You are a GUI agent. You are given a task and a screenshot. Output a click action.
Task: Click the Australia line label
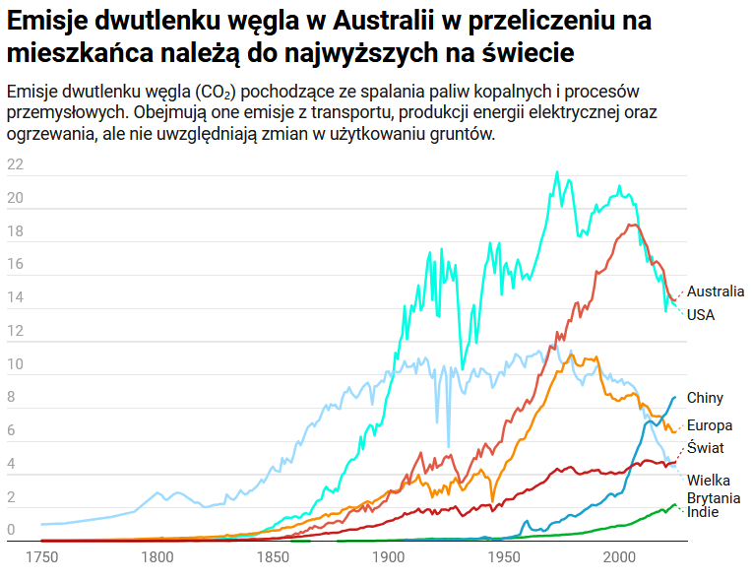tap(715, 291)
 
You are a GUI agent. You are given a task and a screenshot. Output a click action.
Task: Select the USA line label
tap(700, 315)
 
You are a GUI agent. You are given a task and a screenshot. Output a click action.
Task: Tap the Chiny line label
tap(705, 398)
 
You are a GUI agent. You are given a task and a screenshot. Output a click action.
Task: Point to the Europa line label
tap(709, 426)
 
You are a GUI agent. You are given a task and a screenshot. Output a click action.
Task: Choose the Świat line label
tap(705, 447)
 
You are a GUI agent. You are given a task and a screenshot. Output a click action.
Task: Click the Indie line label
tap(702, 512)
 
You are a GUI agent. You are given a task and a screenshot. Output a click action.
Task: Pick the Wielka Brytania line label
tap(714, 489)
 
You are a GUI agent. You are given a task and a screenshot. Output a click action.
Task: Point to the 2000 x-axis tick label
tap(619, 557)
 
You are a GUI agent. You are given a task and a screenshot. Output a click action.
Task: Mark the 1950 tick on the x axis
tap(504, 557)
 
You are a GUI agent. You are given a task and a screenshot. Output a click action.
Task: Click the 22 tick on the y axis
tap(15, 164)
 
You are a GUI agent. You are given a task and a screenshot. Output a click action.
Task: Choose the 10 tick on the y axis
tap(15, 364)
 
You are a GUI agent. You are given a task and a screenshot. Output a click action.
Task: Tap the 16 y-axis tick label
tap(15, 264)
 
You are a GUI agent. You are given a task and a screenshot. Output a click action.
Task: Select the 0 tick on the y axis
tap(11, 531)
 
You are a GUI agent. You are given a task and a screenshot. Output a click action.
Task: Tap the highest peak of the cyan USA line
tap(557, 172)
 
